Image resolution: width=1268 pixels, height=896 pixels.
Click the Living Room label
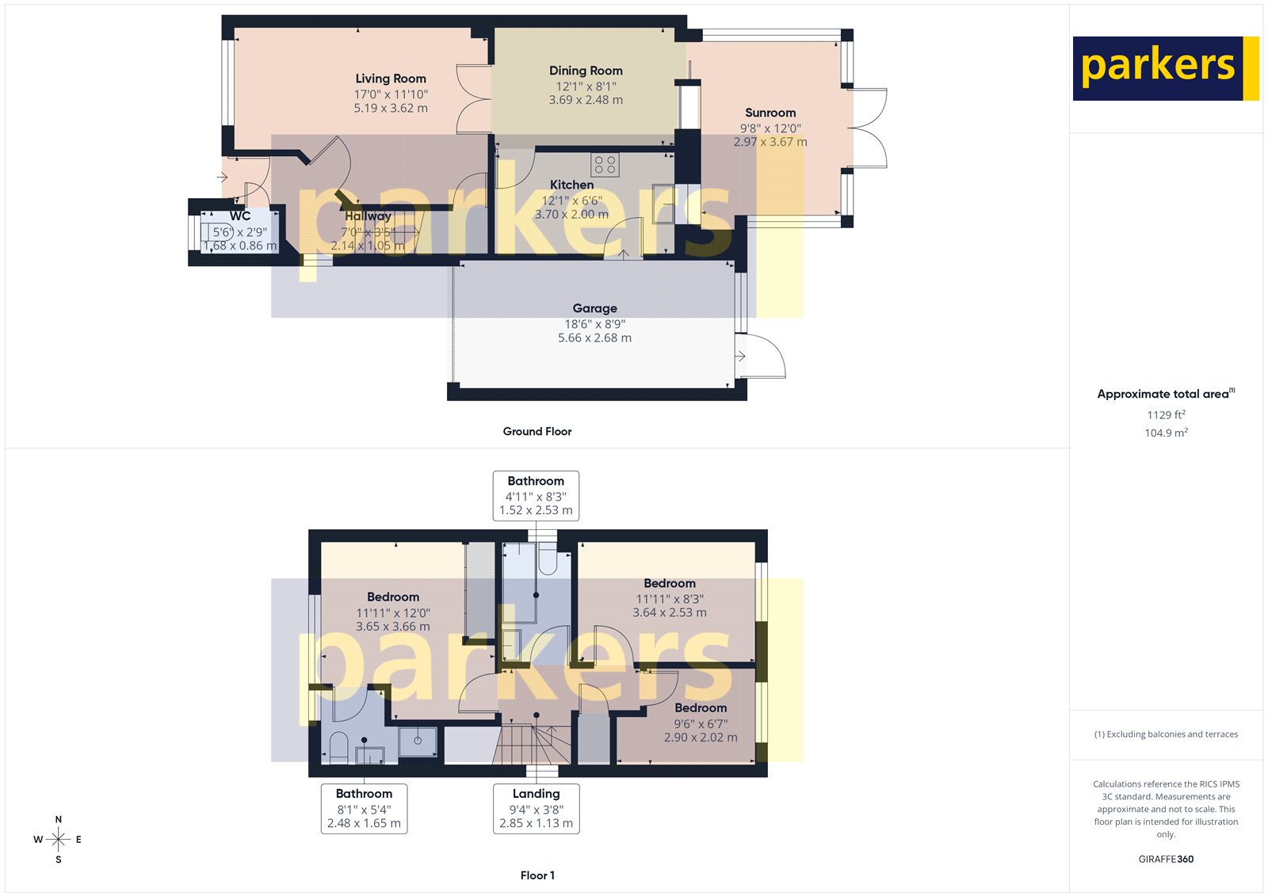(391, 78)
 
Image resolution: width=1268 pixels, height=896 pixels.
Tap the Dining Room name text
(586, 71)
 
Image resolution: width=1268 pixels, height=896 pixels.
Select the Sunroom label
(770, 112)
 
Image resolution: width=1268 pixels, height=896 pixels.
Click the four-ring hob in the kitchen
(605, 165)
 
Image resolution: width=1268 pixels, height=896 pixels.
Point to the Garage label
(594, 308)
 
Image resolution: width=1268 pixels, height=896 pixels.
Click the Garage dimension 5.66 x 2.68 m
(594, 337)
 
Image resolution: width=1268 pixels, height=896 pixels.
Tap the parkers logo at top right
(1165, 68)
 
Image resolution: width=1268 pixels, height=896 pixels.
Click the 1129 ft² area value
(1166, 414)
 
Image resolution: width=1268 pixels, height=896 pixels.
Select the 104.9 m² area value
(1166, 433)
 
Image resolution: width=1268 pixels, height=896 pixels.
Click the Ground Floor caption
(537, 431)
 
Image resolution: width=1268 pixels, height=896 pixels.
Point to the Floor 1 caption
(537, 875)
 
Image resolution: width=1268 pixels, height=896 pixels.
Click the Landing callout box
(536, 808)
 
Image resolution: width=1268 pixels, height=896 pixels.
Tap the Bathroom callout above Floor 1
(536, 495)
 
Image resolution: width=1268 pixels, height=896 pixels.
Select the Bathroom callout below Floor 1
(364, 808)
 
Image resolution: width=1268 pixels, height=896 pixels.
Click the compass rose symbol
(59, 839)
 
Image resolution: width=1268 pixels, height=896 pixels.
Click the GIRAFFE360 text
(1166, 859)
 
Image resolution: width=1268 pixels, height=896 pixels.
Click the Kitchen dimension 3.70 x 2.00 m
(571, 214)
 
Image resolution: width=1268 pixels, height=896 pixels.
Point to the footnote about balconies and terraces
(1166, 734)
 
